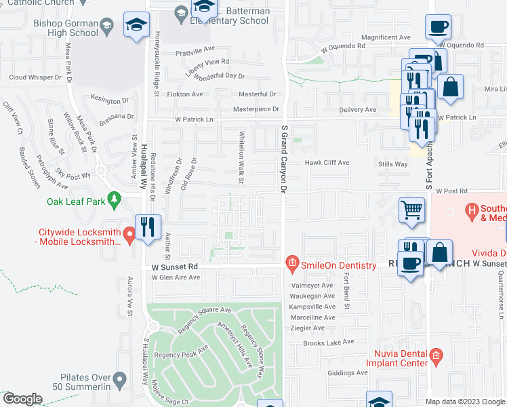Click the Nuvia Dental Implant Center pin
(x=435, y=354)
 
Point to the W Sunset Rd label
(x=174, y=267)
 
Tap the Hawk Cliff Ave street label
(x=327, y=163)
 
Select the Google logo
(x=22, y=399)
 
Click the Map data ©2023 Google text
(x=465, y=402)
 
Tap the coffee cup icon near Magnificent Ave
(x=437, y=27)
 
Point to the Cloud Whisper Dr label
(x=35, y=77)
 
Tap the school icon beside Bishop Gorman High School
(x=136, y=26)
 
